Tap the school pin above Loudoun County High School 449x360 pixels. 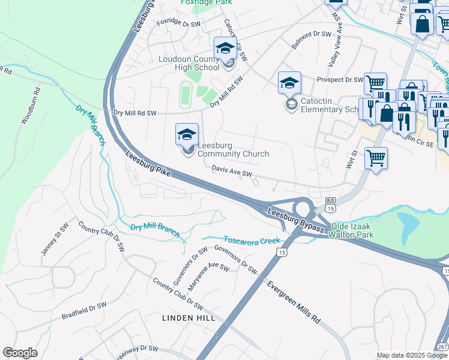click(225, 49)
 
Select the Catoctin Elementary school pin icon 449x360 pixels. click(289, 83)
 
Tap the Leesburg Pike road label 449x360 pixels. click(148, 164)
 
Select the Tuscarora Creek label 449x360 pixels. click(252, 240)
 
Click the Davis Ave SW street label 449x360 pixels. click(231, 172)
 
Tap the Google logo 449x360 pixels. click(20, 353)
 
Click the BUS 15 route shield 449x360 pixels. click(330, 204)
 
